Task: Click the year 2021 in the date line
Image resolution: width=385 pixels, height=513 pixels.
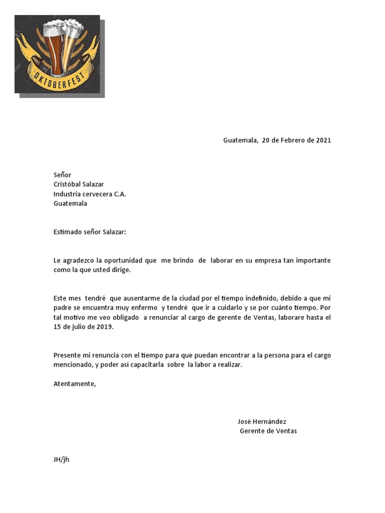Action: (x=323, y=140)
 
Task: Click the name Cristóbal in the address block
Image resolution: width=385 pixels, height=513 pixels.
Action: (x=69, y=184)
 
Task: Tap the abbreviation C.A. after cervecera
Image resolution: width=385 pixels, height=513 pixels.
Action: (x=120, y=194)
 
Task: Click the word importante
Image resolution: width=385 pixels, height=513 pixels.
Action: (x=314, y=261)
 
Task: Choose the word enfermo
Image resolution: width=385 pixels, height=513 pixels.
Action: (x=140, y=308)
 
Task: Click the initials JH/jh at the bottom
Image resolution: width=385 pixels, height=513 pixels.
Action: (x=61, y=459)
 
